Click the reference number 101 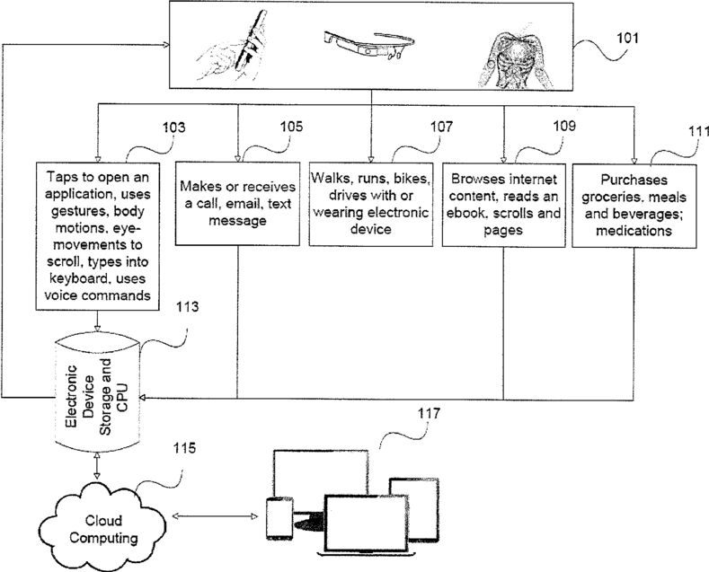tap(627, 38)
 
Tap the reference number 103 tap(174, 128)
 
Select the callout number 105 tap(291, 126)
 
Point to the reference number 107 tap(441, 127)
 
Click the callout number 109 tap(564, 126)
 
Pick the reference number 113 tap(188, 307)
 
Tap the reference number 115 tap(184, 448)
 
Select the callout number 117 tap(429, 413)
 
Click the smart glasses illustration tap(368, 44)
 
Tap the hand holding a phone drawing tap(235, 46)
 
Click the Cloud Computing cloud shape tap(102, 525)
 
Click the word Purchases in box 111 tap(634, 180)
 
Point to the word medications tap(634, 231)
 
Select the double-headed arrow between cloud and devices tap(216, 516)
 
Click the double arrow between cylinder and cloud tap(96, 465)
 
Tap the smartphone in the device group tap(279, 518)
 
